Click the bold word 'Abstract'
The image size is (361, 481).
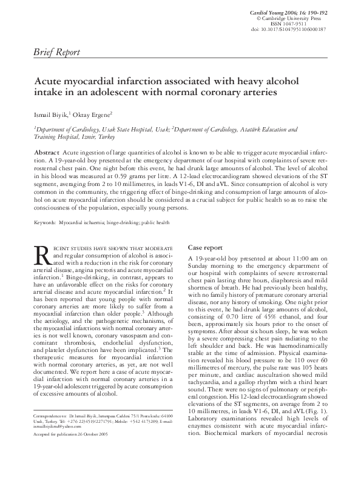click(47, 151)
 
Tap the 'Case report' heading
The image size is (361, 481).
click(206, 248)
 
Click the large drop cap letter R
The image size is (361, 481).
click(42, 256)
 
